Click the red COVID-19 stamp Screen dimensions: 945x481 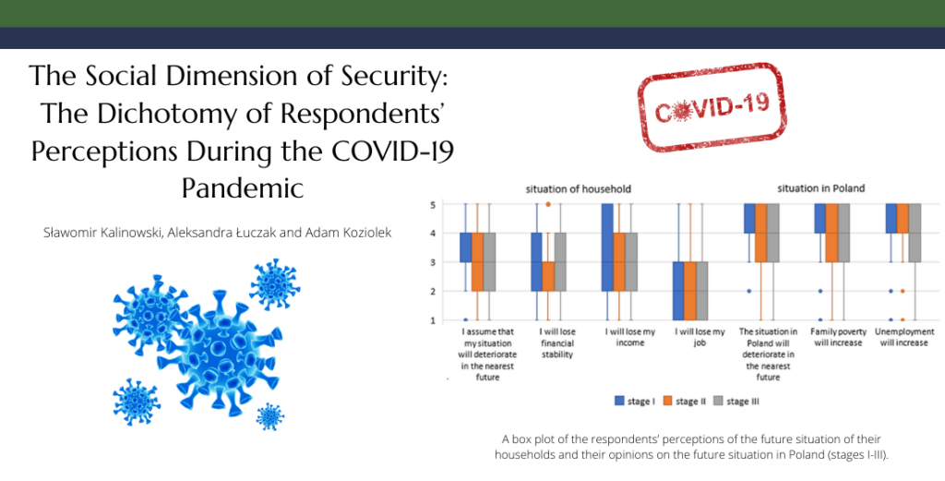tap(712, 107)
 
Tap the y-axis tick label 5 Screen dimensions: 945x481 tap(432, 205)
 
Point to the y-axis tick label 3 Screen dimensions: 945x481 tap(432, 262)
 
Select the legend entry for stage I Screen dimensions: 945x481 tap(635, 401)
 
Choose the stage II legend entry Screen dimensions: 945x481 tap(684, 401)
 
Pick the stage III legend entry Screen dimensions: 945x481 tap(736, 401)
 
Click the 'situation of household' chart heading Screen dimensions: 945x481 tap(578, 188)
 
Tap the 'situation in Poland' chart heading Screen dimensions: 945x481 tap(820, 188)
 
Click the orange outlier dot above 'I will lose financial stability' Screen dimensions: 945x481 tap(548, 204)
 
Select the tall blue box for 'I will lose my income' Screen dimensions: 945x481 tap(607, 247)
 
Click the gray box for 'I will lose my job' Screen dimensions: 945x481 tap(701, 291)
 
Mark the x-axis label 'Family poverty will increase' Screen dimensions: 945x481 tap(838, 337)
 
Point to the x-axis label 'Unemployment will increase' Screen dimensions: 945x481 tap(904, 337)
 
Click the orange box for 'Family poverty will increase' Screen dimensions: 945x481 tap(831, 234)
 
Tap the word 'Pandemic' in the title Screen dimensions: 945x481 tap(243, 187)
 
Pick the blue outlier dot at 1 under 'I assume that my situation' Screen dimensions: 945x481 tap(465, 320)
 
